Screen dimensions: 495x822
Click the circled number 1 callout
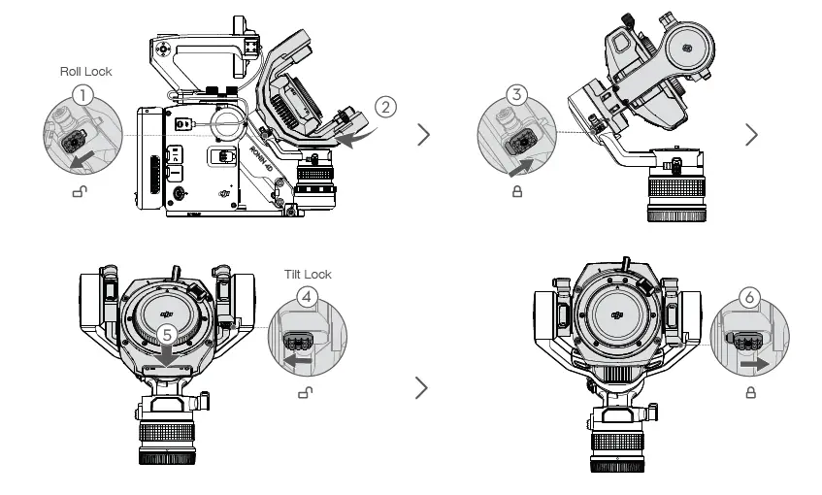84,95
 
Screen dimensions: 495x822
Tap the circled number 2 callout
385,108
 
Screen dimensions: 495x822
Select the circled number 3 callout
517,95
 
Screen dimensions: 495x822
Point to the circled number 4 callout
307,298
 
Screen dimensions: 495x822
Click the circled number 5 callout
168,333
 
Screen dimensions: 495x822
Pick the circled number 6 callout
749,298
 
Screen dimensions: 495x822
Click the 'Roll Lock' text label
85,71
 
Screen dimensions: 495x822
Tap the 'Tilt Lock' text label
308,275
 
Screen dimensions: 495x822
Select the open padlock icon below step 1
79,192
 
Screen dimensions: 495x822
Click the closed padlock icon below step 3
516,192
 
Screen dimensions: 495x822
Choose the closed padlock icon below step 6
749,392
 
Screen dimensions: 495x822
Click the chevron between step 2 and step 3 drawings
423,134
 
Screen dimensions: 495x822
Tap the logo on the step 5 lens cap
167,313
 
